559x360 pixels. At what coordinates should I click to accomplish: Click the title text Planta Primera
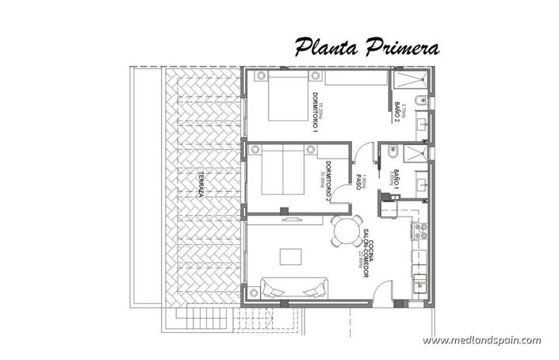click(x=367, y=47)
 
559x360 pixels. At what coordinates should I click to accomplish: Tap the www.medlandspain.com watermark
click(x=481, y=340)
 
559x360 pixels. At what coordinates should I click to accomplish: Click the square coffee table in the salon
click(x=290, y=256)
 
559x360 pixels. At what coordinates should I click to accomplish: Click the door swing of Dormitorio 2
click(x=339, y=190)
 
